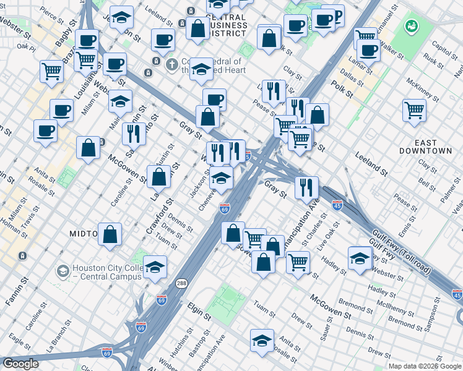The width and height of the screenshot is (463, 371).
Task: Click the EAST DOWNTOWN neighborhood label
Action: (x=425, y=145)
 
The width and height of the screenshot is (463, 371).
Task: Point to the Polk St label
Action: (x=341, y=89)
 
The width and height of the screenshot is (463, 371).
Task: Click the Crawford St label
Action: (x=158, y=216)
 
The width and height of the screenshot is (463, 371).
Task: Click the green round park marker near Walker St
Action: (x=410, y=27)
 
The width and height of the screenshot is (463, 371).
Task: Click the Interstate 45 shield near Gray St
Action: (x=337, y=205)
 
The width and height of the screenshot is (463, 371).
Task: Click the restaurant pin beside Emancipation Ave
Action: (x=306, y=186)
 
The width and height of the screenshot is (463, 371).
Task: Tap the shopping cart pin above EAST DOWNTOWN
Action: (x=414, y=110)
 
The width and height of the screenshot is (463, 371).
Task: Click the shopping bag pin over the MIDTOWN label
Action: (x=110, y=234)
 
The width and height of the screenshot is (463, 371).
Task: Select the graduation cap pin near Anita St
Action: (x=262, y=339)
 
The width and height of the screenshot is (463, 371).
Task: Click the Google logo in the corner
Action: (x=20, y=364)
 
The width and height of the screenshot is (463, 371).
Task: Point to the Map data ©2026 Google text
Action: (x=425, y=366)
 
